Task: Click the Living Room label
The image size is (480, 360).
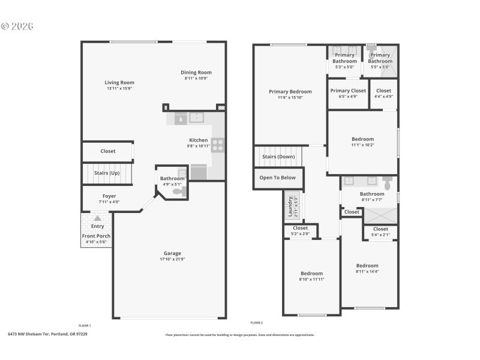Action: point(119,83)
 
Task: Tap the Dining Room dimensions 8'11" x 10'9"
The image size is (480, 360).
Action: point(197,79)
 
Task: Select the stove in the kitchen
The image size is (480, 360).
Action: point(218,144)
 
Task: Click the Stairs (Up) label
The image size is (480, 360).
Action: point(107,173)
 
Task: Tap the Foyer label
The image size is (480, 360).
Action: point(109,196)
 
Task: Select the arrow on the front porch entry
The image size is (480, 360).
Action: point(97,218)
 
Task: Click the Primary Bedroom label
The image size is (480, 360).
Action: point(290,92)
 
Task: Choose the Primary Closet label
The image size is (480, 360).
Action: point(348,91)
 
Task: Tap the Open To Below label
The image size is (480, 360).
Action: point(277,178)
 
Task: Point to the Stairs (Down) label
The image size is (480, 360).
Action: point(278,157)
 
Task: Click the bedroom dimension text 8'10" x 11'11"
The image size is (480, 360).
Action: point(311,279)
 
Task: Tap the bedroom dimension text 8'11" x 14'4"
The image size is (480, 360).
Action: point(367,271)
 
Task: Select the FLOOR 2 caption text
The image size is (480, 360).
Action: point(257,323)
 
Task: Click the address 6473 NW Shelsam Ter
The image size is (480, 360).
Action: point(29,334)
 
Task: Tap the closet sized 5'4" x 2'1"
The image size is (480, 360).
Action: point(380,232)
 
